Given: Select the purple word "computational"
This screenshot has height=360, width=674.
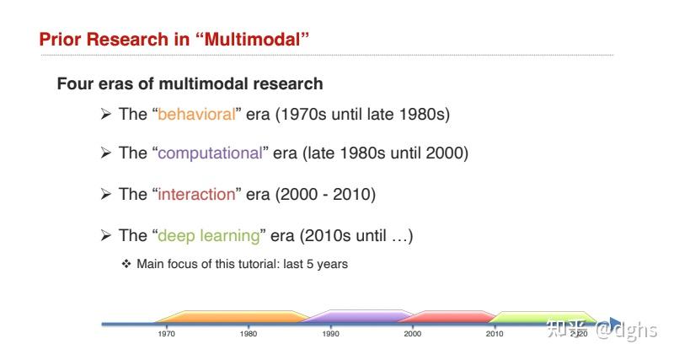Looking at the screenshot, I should pyautogui.click(x=210, y=153).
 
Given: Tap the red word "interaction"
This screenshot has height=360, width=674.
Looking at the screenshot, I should pyautogui.click(x=196, y=194).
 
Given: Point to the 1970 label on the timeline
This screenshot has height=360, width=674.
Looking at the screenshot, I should pyautogui.click(x=166, y=334).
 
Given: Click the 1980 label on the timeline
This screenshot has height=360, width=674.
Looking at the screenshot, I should pyautogui.click(x=249, y=334).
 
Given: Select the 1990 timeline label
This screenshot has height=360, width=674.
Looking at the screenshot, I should pyautogui.click(x=331, y=334).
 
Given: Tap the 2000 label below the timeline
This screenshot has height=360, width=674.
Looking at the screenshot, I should pyautogui.click(x=413, y=334).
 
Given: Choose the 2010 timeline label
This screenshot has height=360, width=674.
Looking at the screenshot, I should pyautogui.click(x=495, y=334).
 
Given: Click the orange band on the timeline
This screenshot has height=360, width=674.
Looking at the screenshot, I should pyautogui.click(x=227, y=317).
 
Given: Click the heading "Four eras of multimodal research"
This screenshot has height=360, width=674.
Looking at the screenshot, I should pyautogui.click(x=190, y=84).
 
